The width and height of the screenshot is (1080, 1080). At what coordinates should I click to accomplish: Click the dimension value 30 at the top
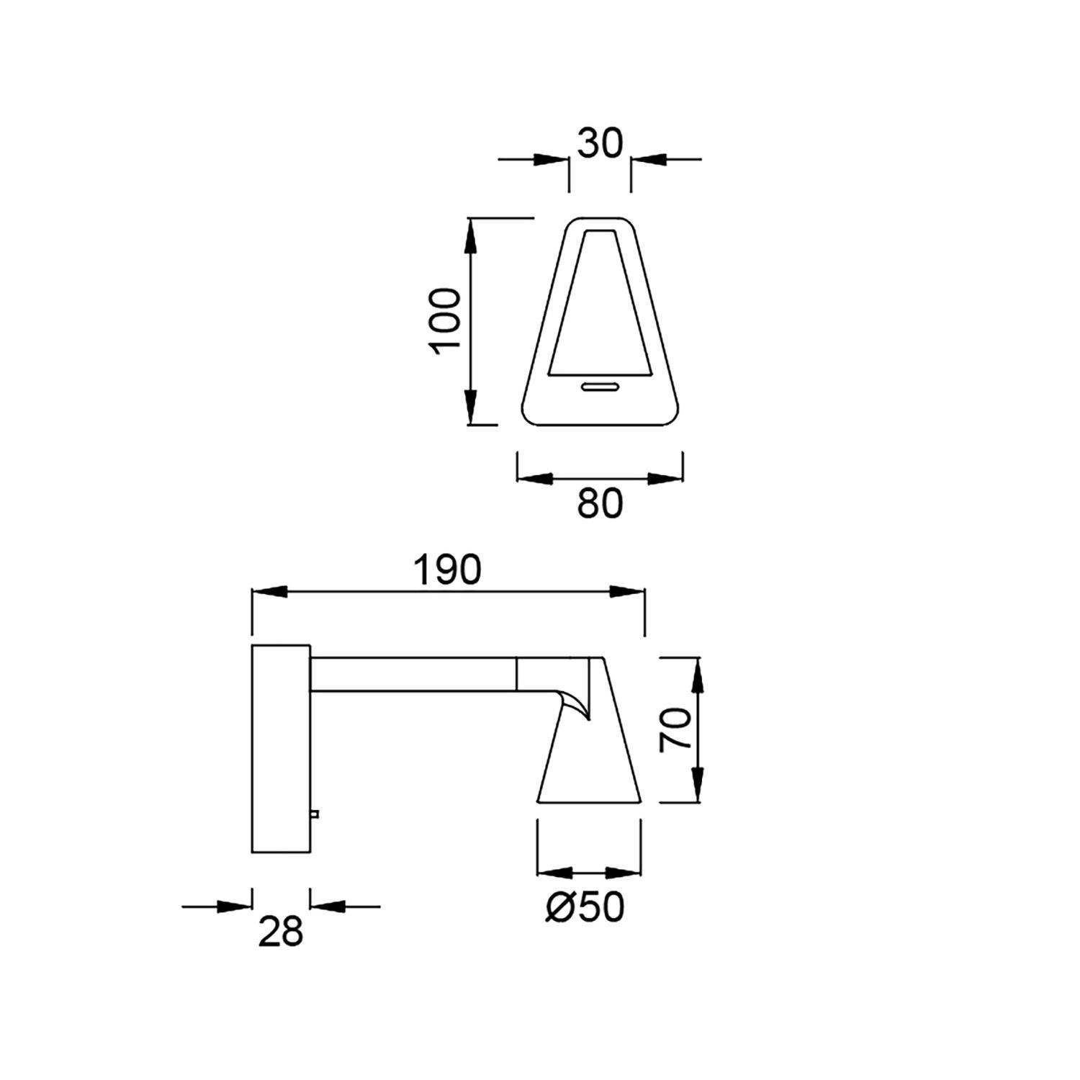pos(600,145)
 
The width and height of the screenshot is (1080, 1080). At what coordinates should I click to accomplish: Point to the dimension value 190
pos(446,570)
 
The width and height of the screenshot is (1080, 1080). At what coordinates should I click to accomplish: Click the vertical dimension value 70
pos(676,729)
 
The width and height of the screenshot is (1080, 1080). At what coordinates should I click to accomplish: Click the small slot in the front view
pos(600,387)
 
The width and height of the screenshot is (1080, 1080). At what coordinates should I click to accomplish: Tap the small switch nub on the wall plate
pos(315,814)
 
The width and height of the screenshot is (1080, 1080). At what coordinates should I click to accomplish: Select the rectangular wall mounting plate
pos(281,749)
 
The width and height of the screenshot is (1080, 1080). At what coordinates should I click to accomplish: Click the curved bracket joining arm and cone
pos(576,702)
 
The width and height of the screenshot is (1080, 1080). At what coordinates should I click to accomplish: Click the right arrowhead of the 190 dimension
pos(629,591)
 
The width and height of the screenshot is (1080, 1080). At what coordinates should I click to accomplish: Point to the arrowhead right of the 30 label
pos(647,159)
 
